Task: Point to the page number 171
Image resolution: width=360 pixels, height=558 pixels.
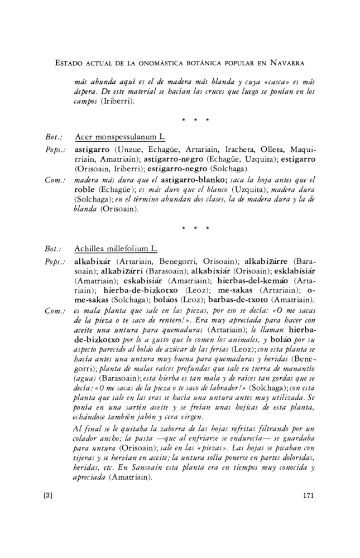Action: click(x=308, y=494)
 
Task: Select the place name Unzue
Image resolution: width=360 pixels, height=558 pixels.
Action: click(x=128, y=148)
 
